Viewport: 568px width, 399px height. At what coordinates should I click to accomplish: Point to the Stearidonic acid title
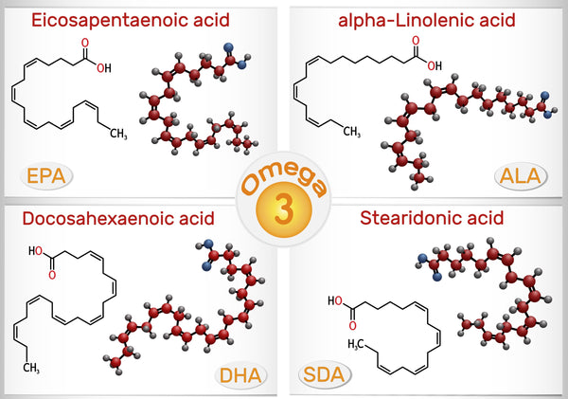pyautogui.click(x=432, y=221)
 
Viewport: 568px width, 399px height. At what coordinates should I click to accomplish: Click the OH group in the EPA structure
pyautogui.click(x=103, y=68)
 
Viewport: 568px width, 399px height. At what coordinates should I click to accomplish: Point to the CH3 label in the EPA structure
pyautogui.click(x=118, y=135)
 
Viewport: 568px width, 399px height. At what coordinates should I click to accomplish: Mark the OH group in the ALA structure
pyautogui.click(x=434, y=66)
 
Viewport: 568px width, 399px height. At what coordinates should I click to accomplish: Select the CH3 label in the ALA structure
pyautogui.click(x=352, y=134)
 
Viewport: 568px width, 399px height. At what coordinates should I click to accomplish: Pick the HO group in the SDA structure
pyautogui.click(x=335, y=301)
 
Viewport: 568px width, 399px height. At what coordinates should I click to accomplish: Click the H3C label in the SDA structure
pyautogui.click(x=355, y=343)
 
